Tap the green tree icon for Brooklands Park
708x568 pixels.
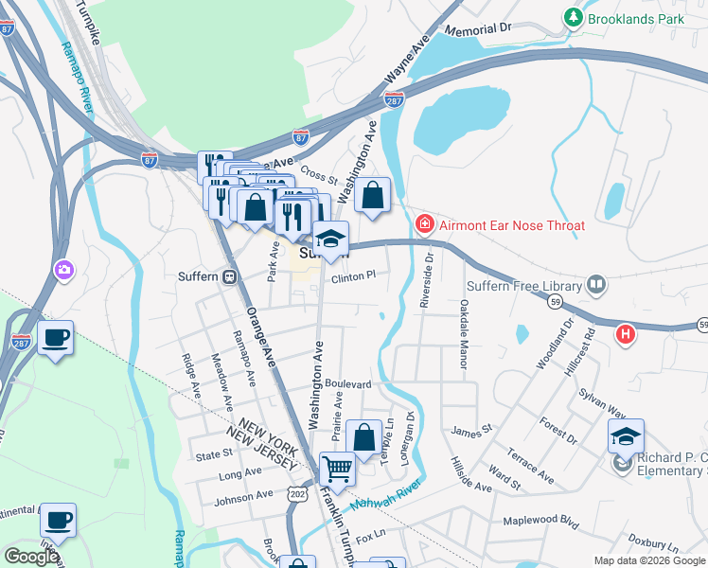(x=573, y=17)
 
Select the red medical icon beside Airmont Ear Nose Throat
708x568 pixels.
(x=425, y=224)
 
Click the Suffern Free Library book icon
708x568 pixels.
(x=596, y=283)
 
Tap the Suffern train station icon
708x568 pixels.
(x=228, y=277)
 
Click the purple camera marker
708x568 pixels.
(x=63, y=270)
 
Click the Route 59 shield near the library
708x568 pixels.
(x=554, y=300)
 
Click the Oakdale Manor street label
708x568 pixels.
(x=464, y=324)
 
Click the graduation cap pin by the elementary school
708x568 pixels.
(x=626, y=435)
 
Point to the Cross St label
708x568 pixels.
(x=320, y=178)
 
